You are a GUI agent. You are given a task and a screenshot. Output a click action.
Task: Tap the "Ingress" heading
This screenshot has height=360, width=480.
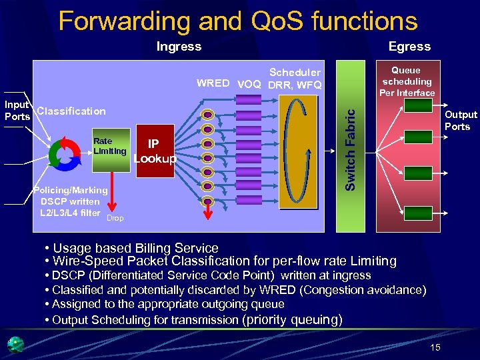pos(178,46)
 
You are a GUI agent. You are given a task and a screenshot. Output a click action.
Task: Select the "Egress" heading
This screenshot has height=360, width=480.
pos(409,46)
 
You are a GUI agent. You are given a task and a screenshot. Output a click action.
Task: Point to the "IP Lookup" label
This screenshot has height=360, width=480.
pos(155,152)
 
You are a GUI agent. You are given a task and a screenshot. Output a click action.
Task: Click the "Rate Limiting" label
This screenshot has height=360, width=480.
pos(109,146)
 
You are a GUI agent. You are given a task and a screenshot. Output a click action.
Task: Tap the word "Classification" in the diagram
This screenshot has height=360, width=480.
pos(71,111)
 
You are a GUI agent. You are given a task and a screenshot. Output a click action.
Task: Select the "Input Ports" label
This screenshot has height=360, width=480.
pos(17,110)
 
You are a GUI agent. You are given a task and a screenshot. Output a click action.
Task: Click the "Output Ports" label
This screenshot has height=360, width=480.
pos(461,121)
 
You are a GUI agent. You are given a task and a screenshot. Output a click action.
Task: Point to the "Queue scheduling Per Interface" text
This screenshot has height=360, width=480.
pos(407,81)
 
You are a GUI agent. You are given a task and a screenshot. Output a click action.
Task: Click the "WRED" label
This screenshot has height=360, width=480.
pos(213,84)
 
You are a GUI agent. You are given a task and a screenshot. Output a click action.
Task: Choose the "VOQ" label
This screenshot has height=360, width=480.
pos(249,84)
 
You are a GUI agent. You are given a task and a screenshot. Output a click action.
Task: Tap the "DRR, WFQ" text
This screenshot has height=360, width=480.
pos(294,85)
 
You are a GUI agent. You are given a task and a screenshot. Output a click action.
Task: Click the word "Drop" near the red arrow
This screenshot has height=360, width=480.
pos(115,218)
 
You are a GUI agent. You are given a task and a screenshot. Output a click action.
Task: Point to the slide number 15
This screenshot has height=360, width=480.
pos(435,347)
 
